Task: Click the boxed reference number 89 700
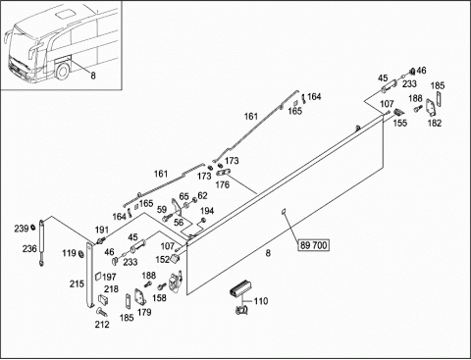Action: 313,245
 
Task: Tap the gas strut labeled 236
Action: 41,242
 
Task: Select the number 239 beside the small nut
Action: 22,229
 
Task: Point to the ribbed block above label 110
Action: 240,287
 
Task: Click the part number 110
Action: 261,301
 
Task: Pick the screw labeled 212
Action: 102,312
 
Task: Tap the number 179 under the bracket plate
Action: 144,312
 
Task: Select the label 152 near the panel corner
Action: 163,260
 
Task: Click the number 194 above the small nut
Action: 207,211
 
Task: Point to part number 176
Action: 223,184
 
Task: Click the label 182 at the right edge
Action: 435,123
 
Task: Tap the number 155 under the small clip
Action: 400,123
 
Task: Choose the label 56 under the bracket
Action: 179,223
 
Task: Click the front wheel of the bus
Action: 62,71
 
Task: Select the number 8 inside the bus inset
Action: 93,76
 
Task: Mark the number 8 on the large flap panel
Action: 268,253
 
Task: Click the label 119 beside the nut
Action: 69,253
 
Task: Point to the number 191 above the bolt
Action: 102,230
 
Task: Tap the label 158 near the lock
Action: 159,298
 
